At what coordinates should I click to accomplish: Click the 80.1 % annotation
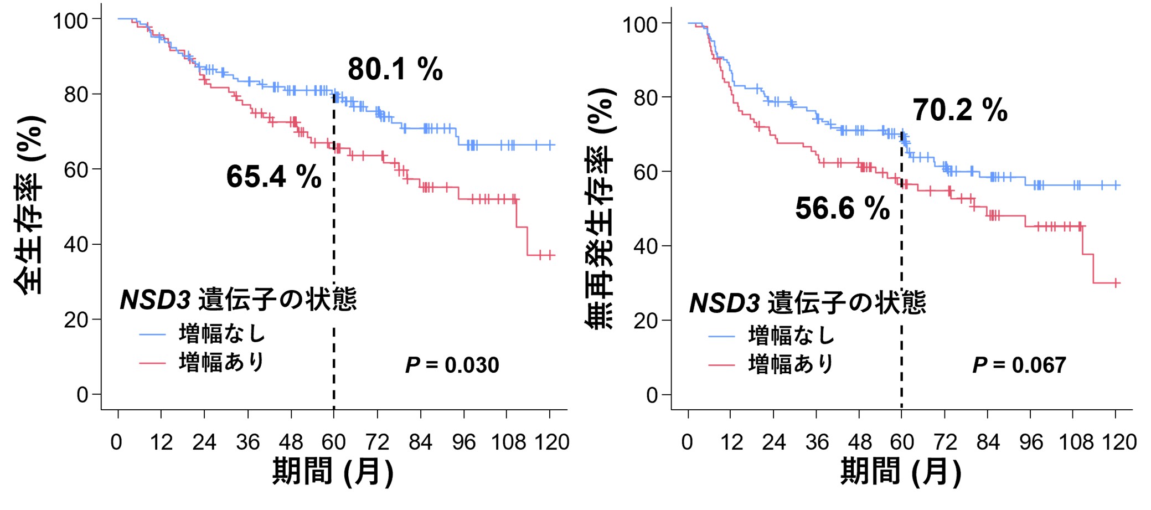point(395,70)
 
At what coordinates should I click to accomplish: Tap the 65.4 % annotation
point(273,177)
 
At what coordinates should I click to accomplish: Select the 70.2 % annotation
point(960,110)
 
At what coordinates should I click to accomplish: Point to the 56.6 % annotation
point(842,208)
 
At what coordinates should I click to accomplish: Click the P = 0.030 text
point(452,365)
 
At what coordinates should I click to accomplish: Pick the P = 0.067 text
point(1019,365)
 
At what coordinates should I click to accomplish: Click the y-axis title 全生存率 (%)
point(29,205)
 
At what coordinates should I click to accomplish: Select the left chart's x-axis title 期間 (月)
point(333,472)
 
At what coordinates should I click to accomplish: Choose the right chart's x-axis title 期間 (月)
point(901,472)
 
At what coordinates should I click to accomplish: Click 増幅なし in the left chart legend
point(222,334)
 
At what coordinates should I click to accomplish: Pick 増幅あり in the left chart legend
point(222,362)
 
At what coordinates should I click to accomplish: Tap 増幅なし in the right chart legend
point(791,336)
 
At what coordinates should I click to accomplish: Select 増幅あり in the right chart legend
point(791,364)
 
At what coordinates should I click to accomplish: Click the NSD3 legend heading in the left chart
point(238,300)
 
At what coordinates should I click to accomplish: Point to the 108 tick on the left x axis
point(508,442)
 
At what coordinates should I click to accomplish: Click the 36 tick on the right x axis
point(817,442)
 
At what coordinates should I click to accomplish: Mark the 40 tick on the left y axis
point(75,244)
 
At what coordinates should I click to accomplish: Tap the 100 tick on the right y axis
point(639,25)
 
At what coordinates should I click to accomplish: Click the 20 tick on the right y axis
point(645,321)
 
